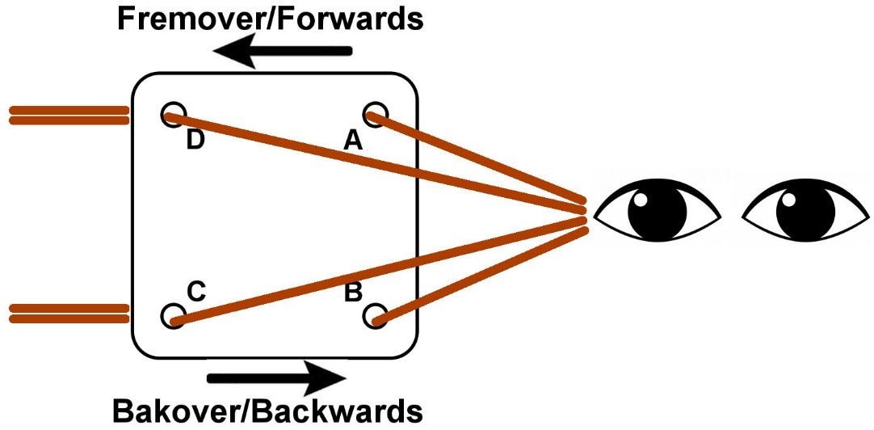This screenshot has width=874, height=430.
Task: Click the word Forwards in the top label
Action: [x=347, y=19]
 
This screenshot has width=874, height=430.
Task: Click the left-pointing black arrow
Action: [x=283, y=53]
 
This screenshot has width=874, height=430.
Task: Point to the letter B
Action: [x=353, y=293]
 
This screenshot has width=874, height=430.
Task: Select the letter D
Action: [x=195, y=142]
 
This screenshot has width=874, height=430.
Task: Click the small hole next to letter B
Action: [x=374, y=315]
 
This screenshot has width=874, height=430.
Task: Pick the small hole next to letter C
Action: [x=172, y=315]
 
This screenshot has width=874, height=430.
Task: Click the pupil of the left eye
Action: [x=656, y=214]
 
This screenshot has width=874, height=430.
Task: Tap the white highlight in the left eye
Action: [x=641, y=200]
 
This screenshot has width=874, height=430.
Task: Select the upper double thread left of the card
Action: [x=68, y=116]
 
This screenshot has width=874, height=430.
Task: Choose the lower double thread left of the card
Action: [x=68, y=314]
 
